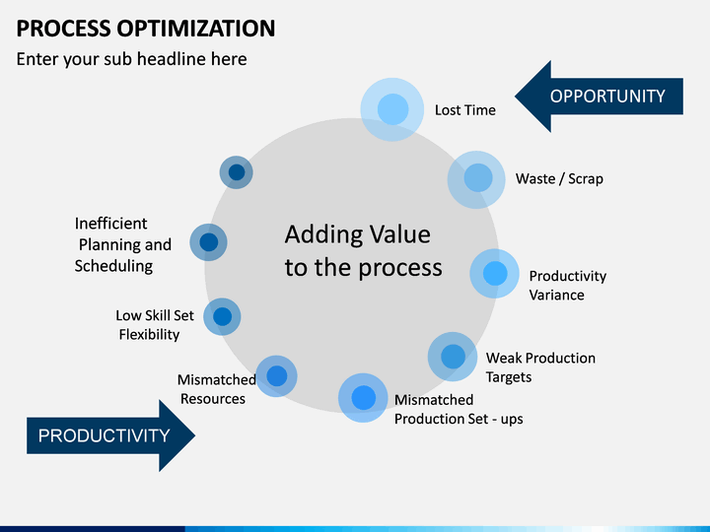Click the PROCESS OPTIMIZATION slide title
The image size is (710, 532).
146,28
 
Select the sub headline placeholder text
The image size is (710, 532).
131,59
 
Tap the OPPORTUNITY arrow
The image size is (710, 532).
600,97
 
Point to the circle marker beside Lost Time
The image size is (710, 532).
392,109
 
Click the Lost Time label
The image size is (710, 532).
465,110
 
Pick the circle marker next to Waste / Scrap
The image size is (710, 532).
477,178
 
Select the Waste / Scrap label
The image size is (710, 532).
559,179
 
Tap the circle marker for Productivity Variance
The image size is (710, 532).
495,274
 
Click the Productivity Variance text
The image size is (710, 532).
567,286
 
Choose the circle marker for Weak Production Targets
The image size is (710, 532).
453,357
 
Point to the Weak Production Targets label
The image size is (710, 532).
540,367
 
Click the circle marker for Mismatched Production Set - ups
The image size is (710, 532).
364,398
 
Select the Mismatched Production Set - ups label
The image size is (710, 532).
459,409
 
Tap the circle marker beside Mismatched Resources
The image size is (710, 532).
276,376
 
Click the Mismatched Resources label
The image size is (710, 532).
215,389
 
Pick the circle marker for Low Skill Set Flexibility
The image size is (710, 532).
222,317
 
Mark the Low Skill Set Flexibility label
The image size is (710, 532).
155,325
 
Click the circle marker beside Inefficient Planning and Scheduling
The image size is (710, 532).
208,241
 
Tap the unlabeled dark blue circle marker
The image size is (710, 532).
237,172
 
